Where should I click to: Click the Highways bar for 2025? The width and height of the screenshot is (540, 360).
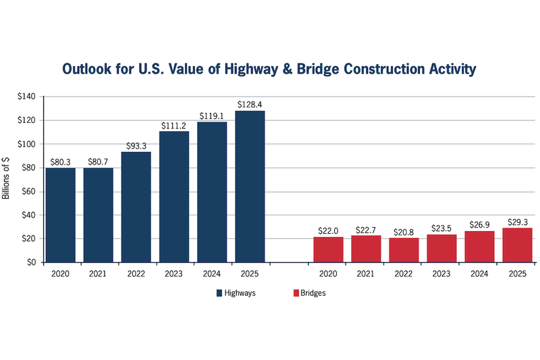point(250,186)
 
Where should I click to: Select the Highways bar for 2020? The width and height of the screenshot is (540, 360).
point(61,214)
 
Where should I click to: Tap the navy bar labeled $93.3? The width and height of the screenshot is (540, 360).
point(136,207)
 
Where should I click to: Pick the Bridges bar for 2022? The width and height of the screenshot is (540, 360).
point(404,250)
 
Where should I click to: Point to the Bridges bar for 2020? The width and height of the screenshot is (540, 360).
point(328,249)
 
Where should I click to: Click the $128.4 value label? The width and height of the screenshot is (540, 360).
point(250,105)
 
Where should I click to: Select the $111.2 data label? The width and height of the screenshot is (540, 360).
point(174,126)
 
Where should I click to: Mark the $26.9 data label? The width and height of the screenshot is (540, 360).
point(479,225)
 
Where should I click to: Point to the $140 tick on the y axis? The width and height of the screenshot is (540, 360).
point(26,97)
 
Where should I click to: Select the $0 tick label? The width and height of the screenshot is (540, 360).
point(31,263)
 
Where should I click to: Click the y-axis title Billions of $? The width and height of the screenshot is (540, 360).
point(7,179)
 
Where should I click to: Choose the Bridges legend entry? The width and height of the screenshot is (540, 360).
point(310,293)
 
